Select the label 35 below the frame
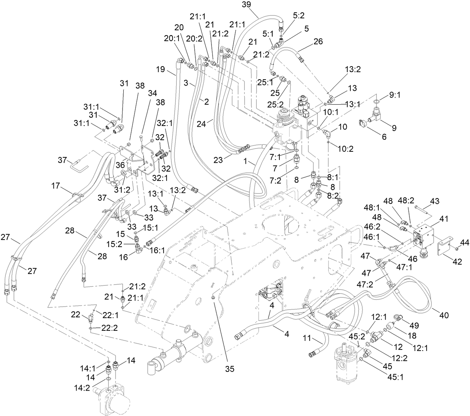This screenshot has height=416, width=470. coord(229,369)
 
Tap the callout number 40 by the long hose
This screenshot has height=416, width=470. coord(443,315)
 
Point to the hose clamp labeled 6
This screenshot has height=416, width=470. coord(366,123)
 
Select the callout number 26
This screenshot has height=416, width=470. coord(318,41)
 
